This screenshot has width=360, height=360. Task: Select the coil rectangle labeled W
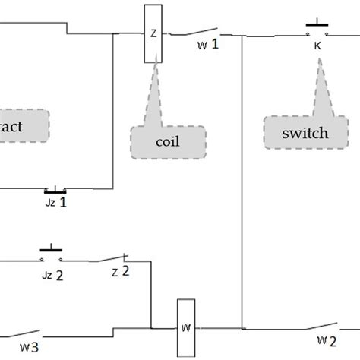coord(186,327)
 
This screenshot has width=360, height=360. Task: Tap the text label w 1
coord(207,44)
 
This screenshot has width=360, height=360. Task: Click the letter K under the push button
coord(317,45)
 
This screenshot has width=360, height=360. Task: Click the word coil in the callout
coord(168,141)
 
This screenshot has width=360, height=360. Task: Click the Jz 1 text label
coord(55,203)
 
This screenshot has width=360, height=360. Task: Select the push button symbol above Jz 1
coord(55,190)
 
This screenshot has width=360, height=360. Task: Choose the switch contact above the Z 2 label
coord(113,259)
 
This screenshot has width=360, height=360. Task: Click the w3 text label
coord(30,349)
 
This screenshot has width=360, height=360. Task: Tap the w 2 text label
coord(327,339)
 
